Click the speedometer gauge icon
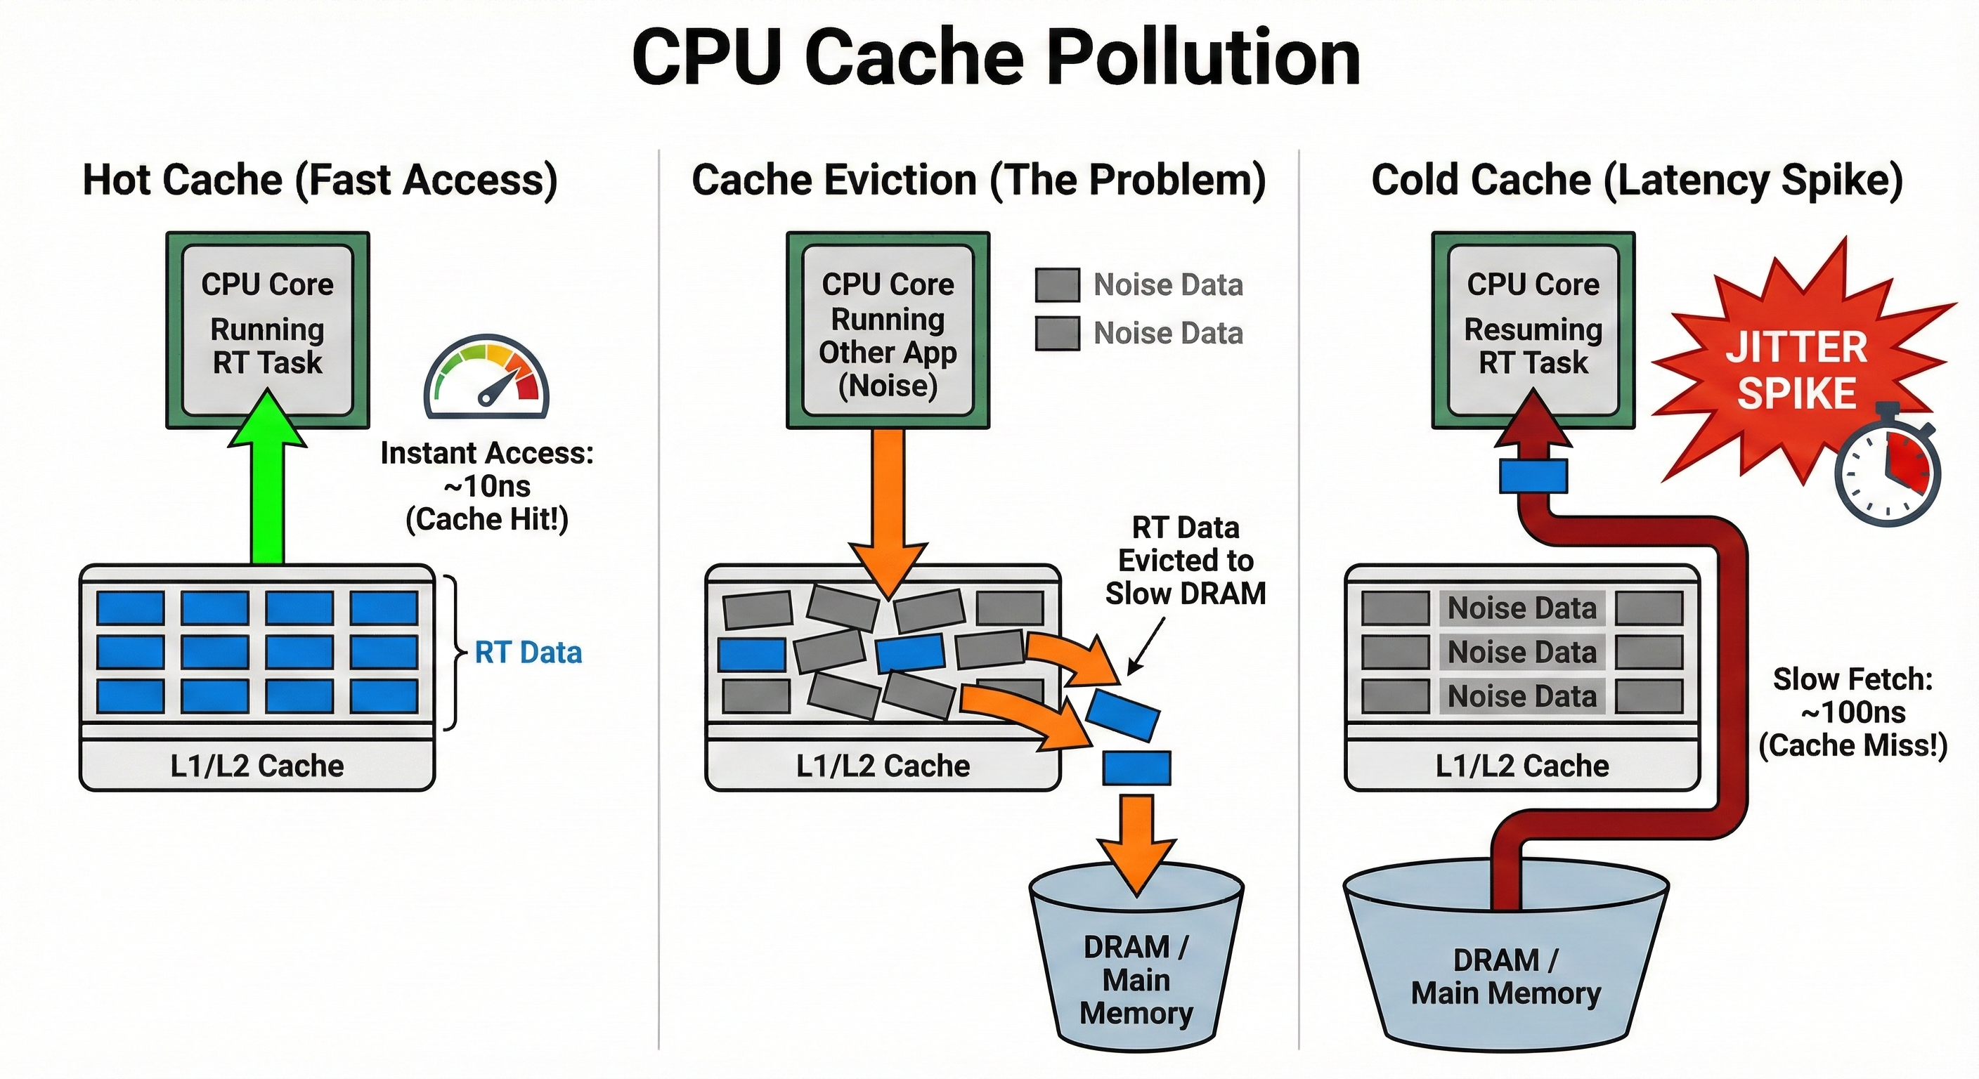click(x=486, y=377)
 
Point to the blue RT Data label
click(x=528, y=653)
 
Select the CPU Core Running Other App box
click(x=888, y=331)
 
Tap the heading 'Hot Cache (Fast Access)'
click(x=320, y=180)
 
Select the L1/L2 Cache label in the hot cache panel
click(x=257, y=766)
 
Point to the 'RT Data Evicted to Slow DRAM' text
click(x=1185, y=561)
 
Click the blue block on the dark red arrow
click(x=1533, y=476)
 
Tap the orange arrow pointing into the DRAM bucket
click(x=1136, y=845)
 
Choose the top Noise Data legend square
click(x=1057, y=285)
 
